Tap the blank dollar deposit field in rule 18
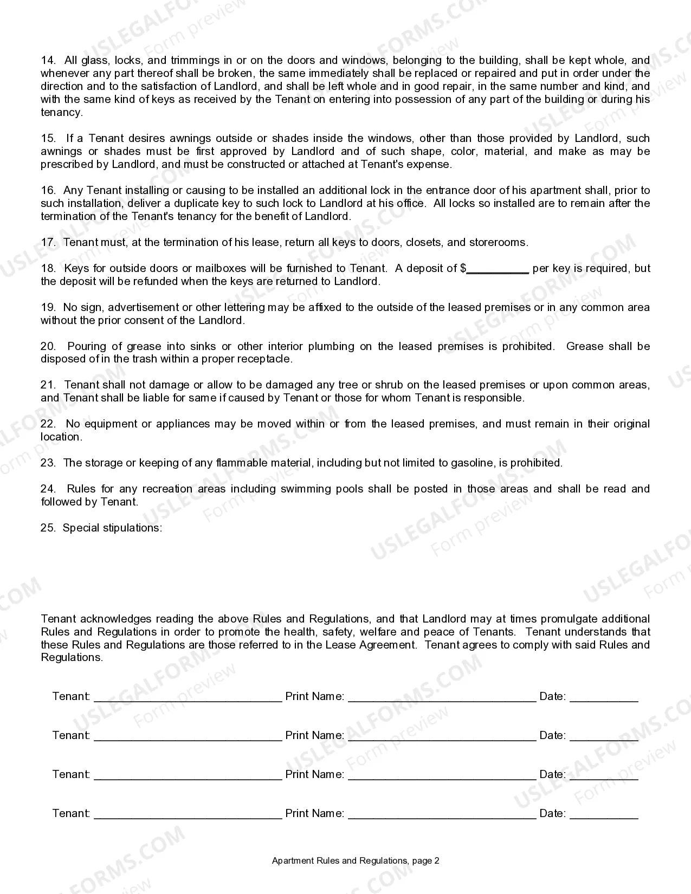click(x=498, y=269)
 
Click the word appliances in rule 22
click(x=183, y=424)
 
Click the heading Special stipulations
click(x=112, y=528)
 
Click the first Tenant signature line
click(x=188, y=697)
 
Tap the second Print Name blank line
click(x=442, y=736)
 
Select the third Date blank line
click(x=604, y=775)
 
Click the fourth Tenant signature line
click(x=188, y=814)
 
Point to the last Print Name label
click(x=314, y=814)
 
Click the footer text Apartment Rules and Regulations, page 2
click(x=356, y=861)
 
